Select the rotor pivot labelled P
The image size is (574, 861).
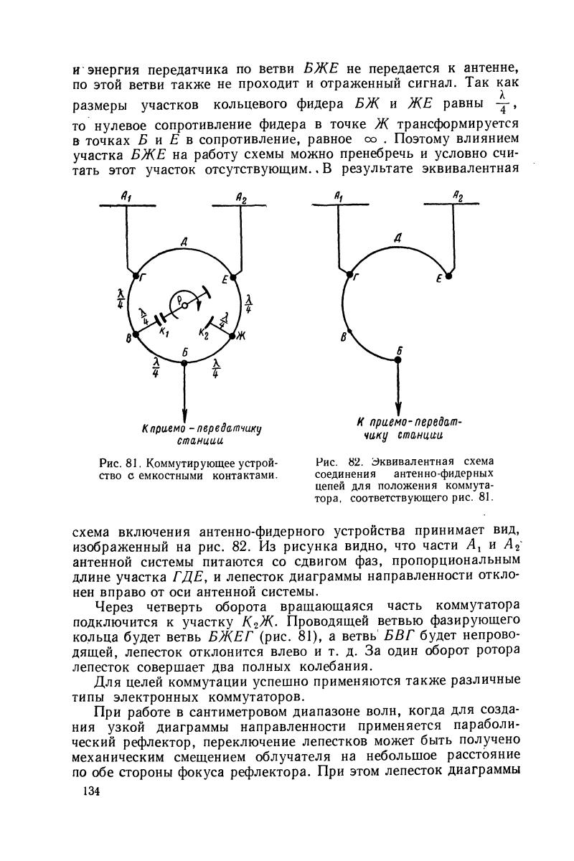coord(184,304)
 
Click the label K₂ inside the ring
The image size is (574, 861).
coord(204,333)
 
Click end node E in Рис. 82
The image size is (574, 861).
coord(448,274)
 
